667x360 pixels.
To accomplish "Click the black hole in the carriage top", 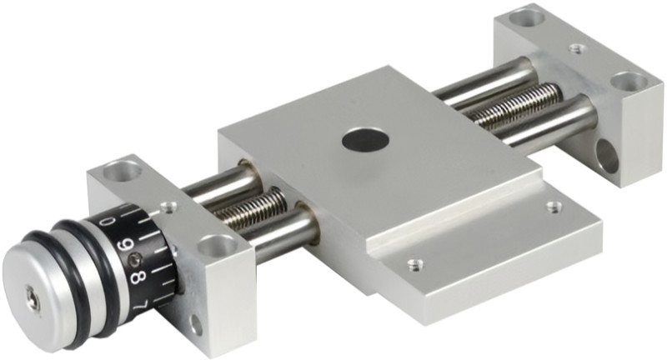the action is click(x=365, y=141).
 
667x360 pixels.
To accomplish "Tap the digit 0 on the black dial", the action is click(x=109, y=221).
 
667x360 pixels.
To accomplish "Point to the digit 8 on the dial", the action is click(x=139, y=277).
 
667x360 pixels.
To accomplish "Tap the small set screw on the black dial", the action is click(x=135, y=258).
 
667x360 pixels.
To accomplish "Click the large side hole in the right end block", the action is click(x=607, y=156).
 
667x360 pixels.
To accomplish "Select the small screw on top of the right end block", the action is click(x=576, y=48).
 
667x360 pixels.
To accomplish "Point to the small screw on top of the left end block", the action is click(x=168, y=207).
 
